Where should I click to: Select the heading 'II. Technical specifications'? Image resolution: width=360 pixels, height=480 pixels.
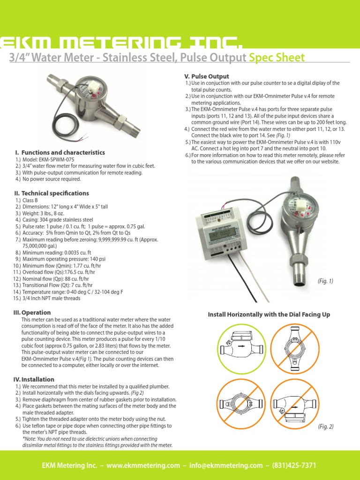(52, 193)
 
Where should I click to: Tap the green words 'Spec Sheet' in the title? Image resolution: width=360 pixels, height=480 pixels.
(277, 58)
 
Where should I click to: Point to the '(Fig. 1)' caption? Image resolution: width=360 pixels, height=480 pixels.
(325, 281)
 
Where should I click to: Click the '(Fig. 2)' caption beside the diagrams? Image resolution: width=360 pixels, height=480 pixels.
(325, 426)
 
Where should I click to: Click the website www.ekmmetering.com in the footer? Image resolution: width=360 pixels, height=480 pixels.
(143, 466)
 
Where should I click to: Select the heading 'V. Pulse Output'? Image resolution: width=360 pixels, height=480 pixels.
(207, 76)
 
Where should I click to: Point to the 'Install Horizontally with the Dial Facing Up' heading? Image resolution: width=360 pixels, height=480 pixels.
(269, 315)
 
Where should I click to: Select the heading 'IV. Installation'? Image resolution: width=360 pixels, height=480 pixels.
(35, 379)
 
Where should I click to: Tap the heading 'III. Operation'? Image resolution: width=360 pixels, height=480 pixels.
(33, 312)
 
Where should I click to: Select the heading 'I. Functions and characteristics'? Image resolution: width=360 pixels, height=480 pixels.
(60, 152)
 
